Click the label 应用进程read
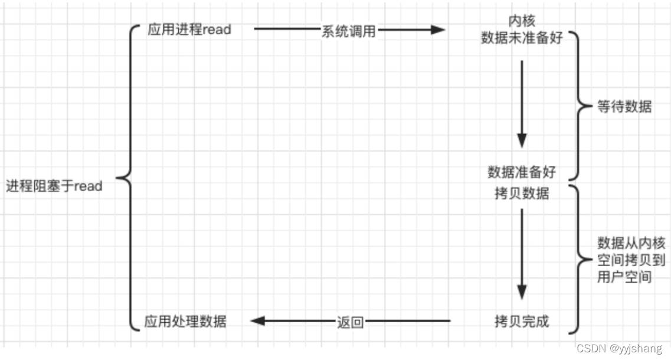(189, 30)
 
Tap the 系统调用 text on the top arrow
(348, 31)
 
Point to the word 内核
(522, 21)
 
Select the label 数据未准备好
(522, 38)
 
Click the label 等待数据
(624, 107)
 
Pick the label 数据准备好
(522, 172)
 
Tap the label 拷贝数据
(522, 193)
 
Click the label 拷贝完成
(522, 322)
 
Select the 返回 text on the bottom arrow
(350, 322)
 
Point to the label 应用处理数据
(185, 322)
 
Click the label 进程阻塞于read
(54, 186)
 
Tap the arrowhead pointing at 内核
(437, 30)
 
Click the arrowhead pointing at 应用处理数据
(257, 321)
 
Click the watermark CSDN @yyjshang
(619, 348)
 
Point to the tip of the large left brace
(117, 176)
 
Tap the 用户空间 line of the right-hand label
(624, 276)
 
